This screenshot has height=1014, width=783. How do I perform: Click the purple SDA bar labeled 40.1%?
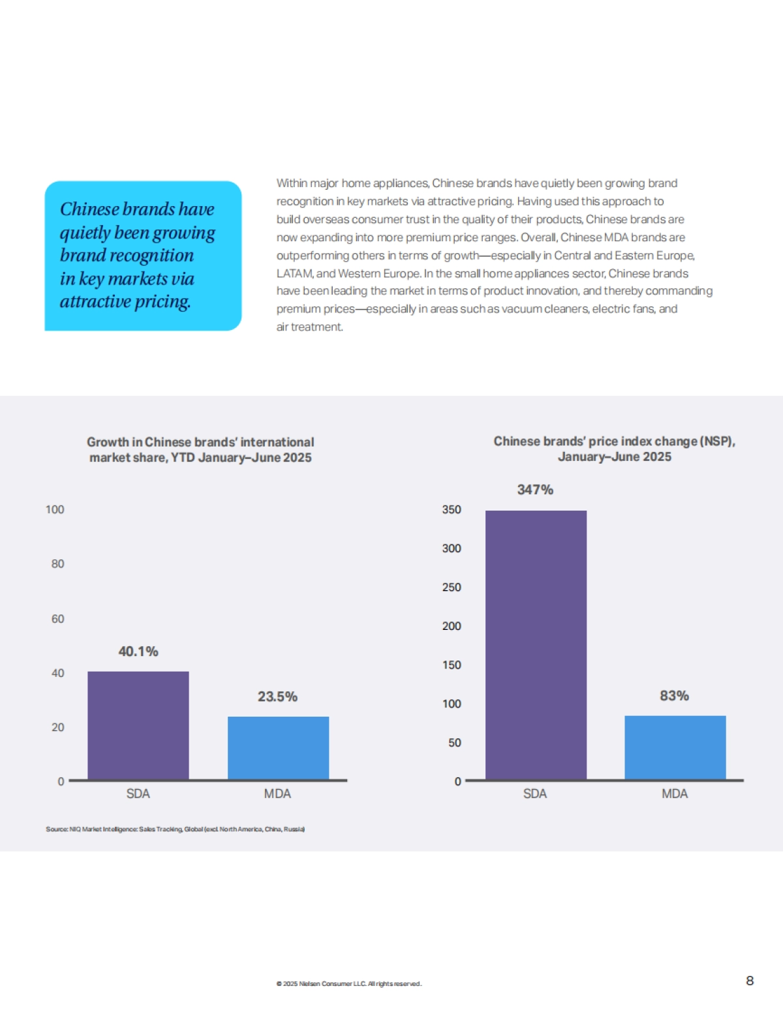pyautogui.click(x=138, y=725)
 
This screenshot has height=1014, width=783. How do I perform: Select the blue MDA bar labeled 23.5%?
pyautogui.click(x=278, y=747)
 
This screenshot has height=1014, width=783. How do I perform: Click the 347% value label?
pyautogui.click(x=535, y=490)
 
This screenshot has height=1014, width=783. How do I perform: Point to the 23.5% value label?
pyautogui.click(x=277, y=696)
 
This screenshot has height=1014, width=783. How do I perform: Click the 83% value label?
pyautogui.click(x=674, y=696)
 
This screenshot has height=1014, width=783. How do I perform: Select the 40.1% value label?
pyautogui.click(x=138, y=651)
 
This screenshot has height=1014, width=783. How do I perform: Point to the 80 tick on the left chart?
pyautogui.click(x=57, y=563)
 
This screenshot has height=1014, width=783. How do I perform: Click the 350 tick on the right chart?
pyautogui.click(x=452, y=509)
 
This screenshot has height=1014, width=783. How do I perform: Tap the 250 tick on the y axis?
pyautogui.click(x=452, y=587)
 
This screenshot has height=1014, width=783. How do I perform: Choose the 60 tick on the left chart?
pyautogui.click(x=57, y=618)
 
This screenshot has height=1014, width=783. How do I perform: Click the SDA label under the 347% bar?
pyautogui.click(x=535, y=794)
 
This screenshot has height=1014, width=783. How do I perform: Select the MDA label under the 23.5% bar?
pyautogui.click(x=277, y=794)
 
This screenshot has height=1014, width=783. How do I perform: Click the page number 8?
pyautogui.click(x=750, y=981)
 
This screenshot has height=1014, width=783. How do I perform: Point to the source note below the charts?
pyautogui.click(x=175, y=829)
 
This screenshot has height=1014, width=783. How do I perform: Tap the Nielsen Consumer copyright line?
pyautogui.click(x=349, y=983)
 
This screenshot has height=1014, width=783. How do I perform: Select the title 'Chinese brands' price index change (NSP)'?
pyautogui.click(x=614, y=441)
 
